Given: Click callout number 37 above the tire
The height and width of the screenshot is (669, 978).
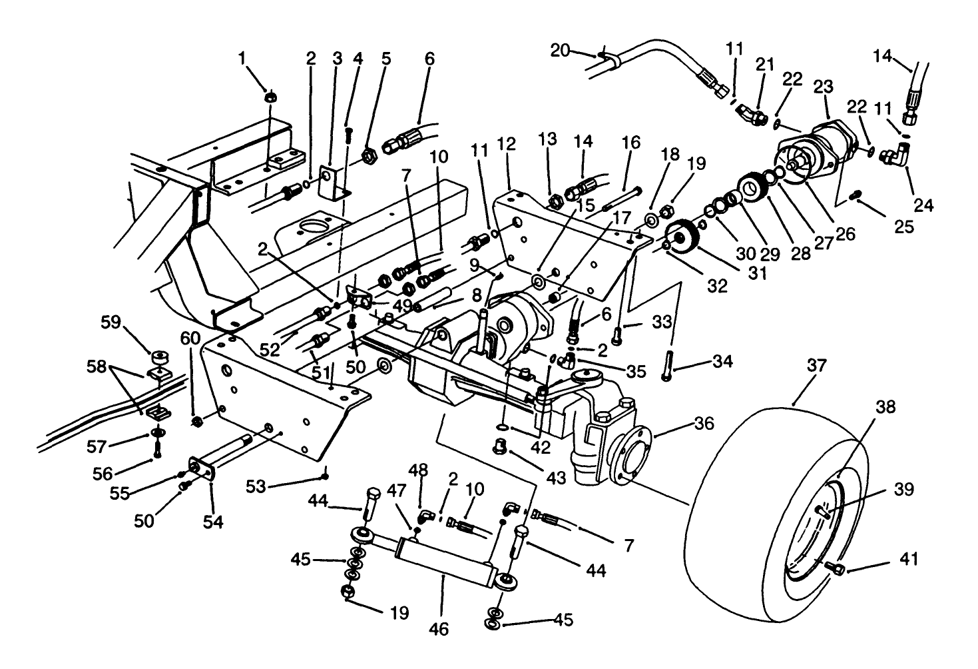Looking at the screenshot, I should tap(817, 366).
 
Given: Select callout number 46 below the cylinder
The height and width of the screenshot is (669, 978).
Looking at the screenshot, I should tap(440, 628).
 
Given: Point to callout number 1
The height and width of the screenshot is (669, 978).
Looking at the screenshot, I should tap(242, 59).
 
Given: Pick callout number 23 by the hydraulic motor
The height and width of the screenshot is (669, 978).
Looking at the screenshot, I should tap(824, 87).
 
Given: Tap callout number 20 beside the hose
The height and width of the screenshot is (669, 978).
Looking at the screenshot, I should tap(561, 50).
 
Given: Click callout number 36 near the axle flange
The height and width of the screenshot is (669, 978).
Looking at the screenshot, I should tap(704, 423).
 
